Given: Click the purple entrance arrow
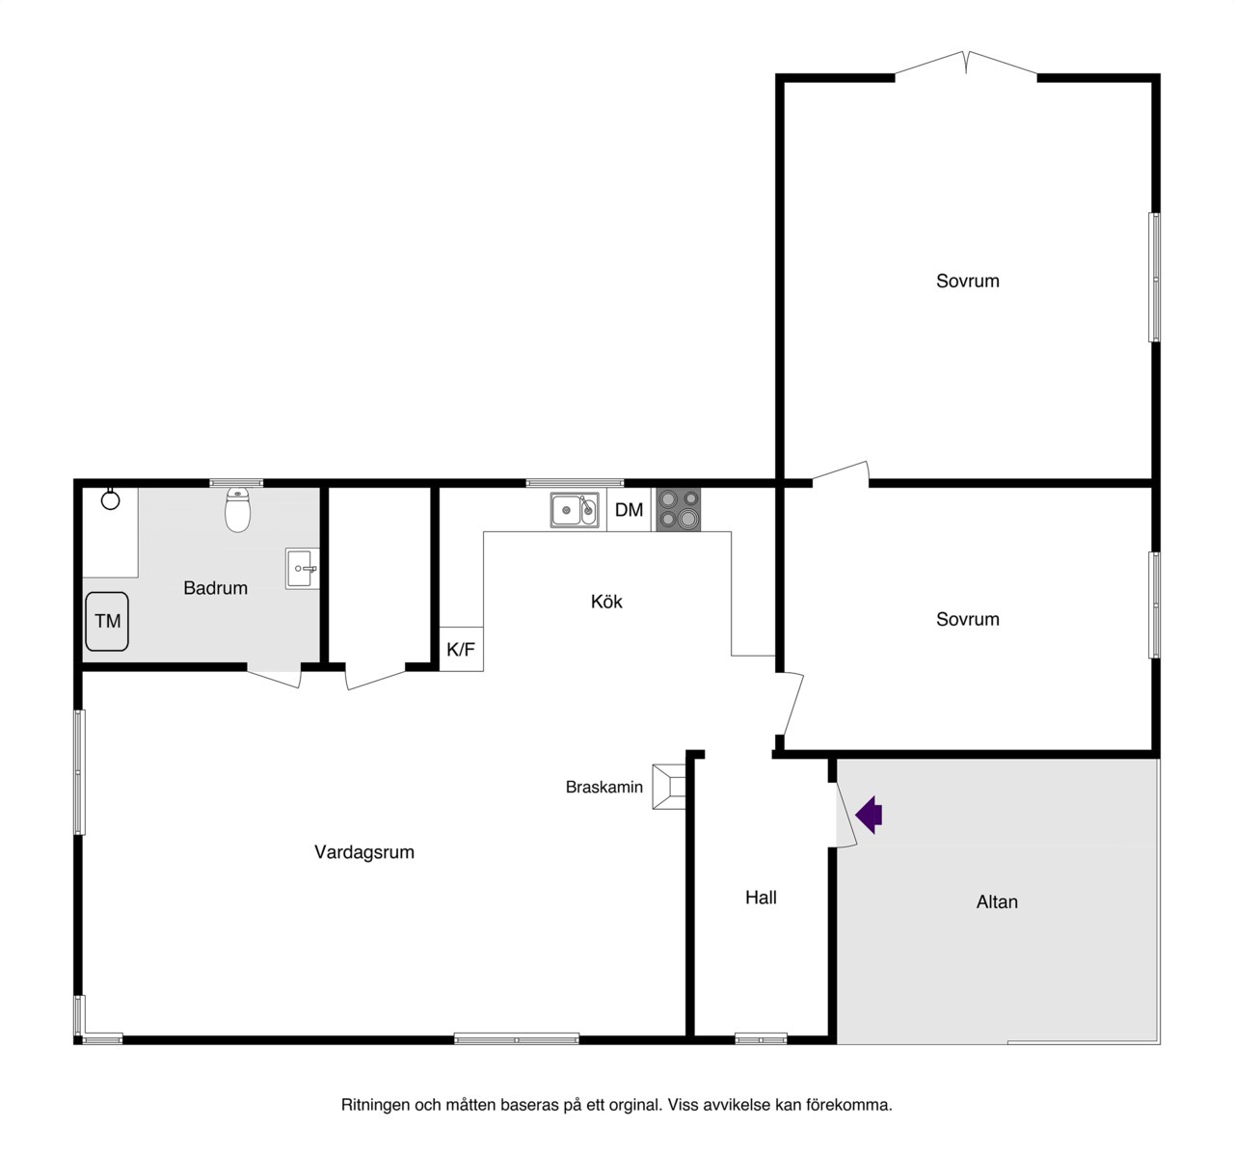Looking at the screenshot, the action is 869,815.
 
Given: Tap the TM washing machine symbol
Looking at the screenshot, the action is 107,621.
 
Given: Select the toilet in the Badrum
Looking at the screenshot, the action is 237,510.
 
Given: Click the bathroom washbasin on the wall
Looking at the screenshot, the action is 302,568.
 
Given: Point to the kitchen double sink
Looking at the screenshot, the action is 575,510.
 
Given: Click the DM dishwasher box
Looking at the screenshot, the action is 629,510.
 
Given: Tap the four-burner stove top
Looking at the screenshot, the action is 679,510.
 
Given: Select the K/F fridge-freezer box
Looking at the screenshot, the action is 461,649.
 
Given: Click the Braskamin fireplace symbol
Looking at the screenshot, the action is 668,787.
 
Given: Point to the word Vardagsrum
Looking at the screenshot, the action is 364,851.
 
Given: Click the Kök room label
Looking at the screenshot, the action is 606,602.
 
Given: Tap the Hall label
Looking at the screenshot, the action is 762,897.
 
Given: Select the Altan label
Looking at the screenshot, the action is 997,901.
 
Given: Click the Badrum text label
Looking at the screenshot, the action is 216,587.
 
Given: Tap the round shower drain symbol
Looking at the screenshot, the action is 110,499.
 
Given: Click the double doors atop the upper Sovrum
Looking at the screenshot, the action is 966,65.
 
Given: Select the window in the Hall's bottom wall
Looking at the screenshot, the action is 761,1038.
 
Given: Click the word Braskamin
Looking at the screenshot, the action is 604,787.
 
